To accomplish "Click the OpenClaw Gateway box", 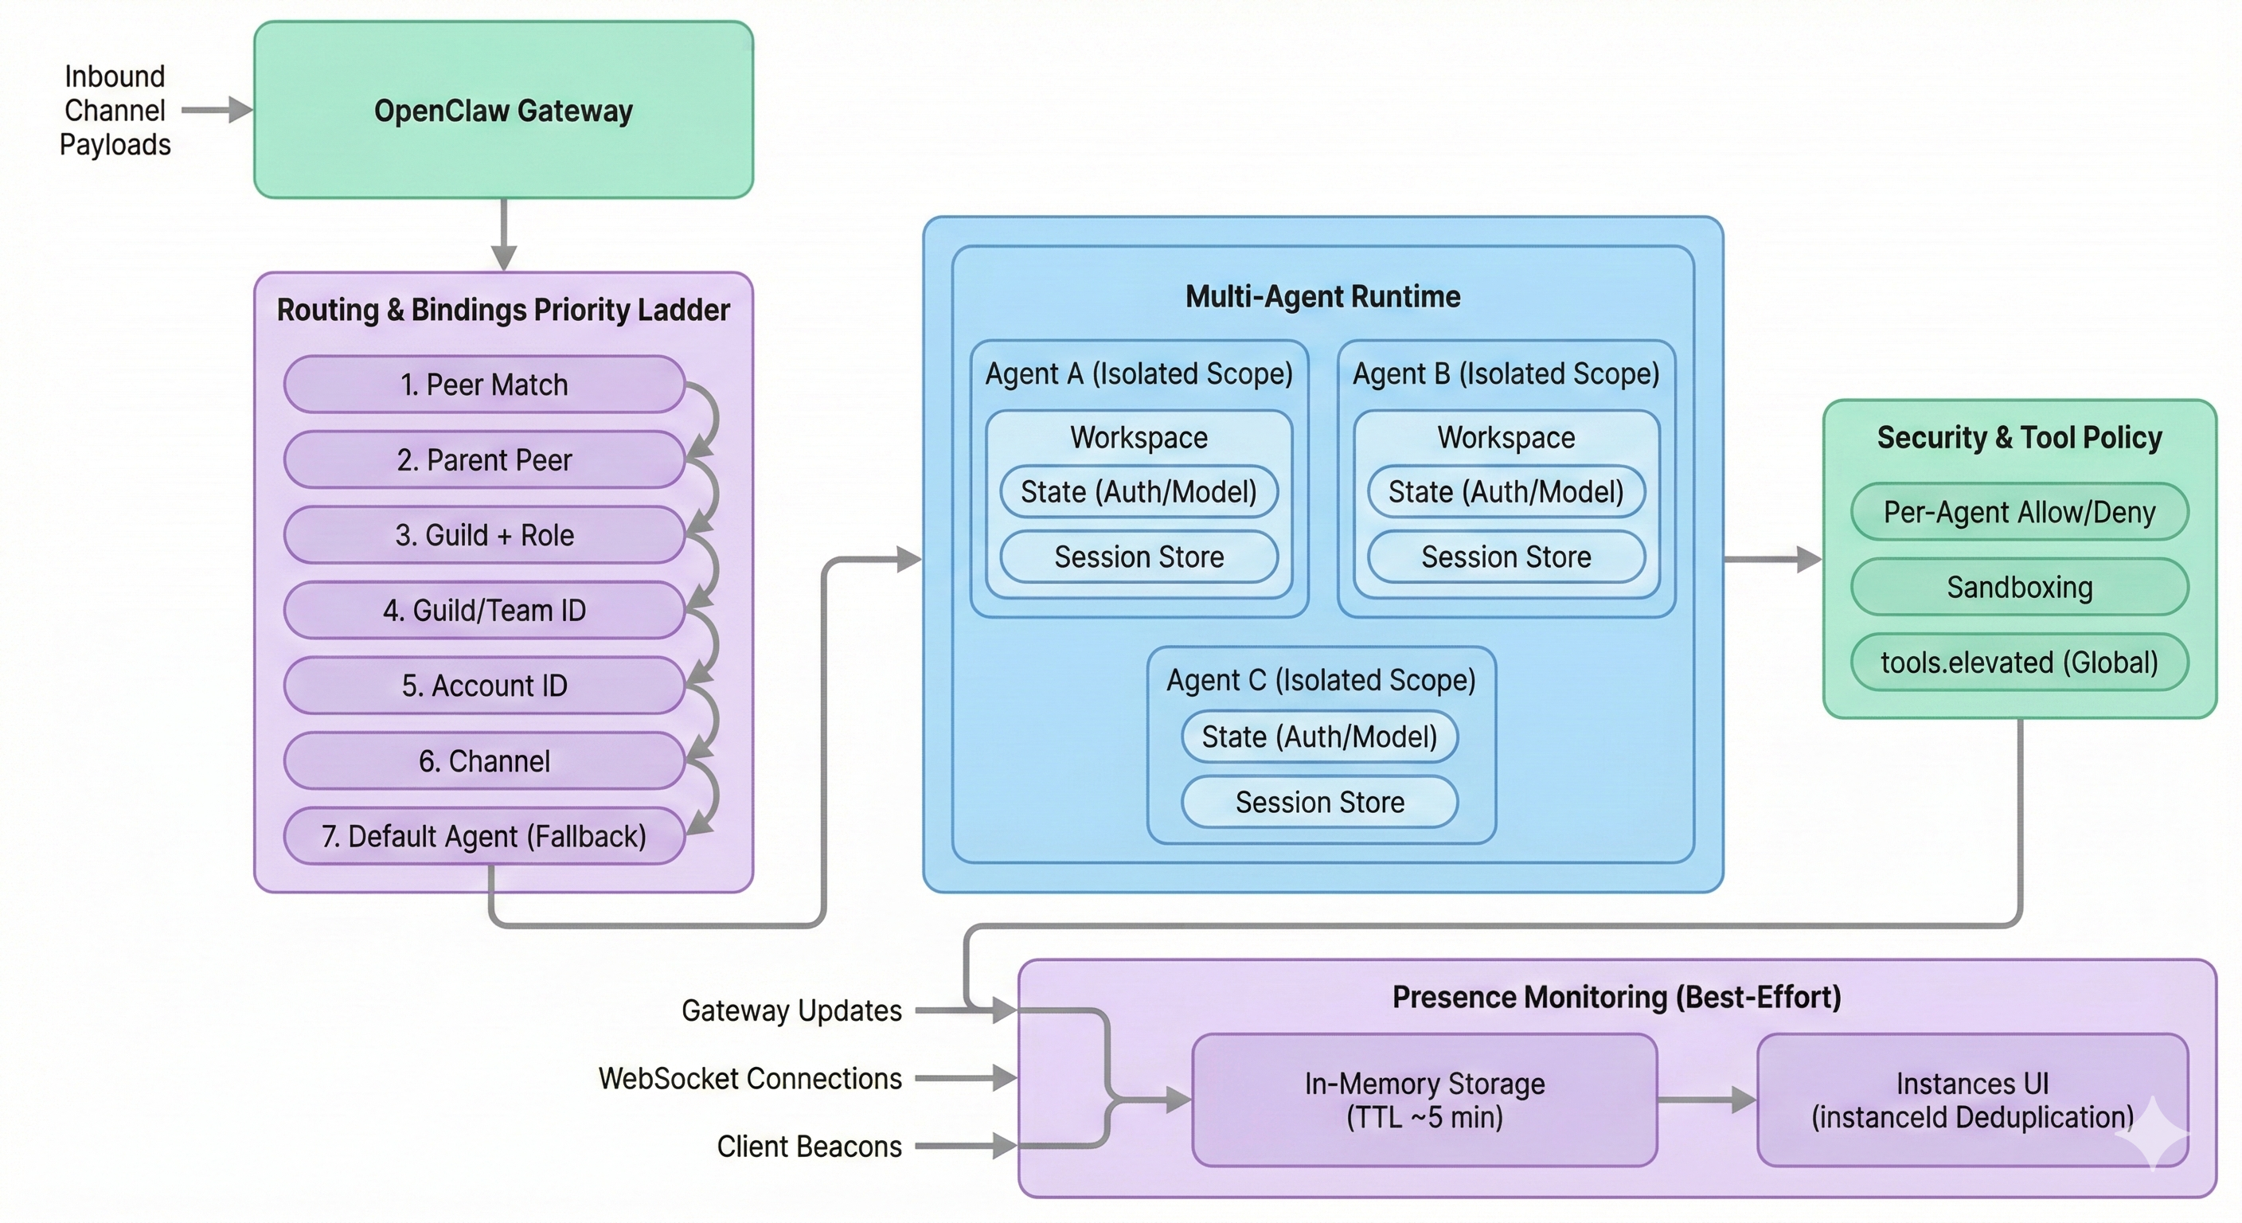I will click(x=503, y=111).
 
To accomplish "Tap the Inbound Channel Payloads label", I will click(x=115, y=111).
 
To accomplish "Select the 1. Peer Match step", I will click(x=484, y=384).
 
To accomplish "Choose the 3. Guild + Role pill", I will click(x=484, y=534).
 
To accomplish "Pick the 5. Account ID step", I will click(x=484, y=685).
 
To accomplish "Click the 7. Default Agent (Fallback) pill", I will click(x=484, y=836).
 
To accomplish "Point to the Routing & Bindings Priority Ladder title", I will click(x=503, y=310).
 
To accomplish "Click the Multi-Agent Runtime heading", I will click(x=1322, y=297).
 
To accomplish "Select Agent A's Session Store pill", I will click(x=1139, y=557).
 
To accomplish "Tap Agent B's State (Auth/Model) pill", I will click(x=1506, y=492).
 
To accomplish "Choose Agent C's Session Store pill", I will click(x=1319, y=802).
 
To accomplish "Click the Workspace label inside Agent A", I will click(x=1139, y=437).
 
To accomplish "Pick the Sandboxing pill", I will click(x=2019, y=587).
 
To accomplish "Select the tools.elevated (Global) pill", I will click(x=2019, y=662).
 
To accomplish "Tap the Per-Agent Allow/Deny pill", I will click(x=2019, y=512).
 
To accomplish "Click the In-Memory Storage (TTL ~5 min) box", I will click(x=1424, y=1100).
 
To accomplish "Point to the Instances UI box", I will click(x=1972, y=1100).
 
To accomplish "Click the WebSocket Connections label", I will click(x=749, y=1079).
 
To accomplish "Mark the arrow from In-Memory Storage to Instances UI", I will click(x=1706, y=1100).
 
